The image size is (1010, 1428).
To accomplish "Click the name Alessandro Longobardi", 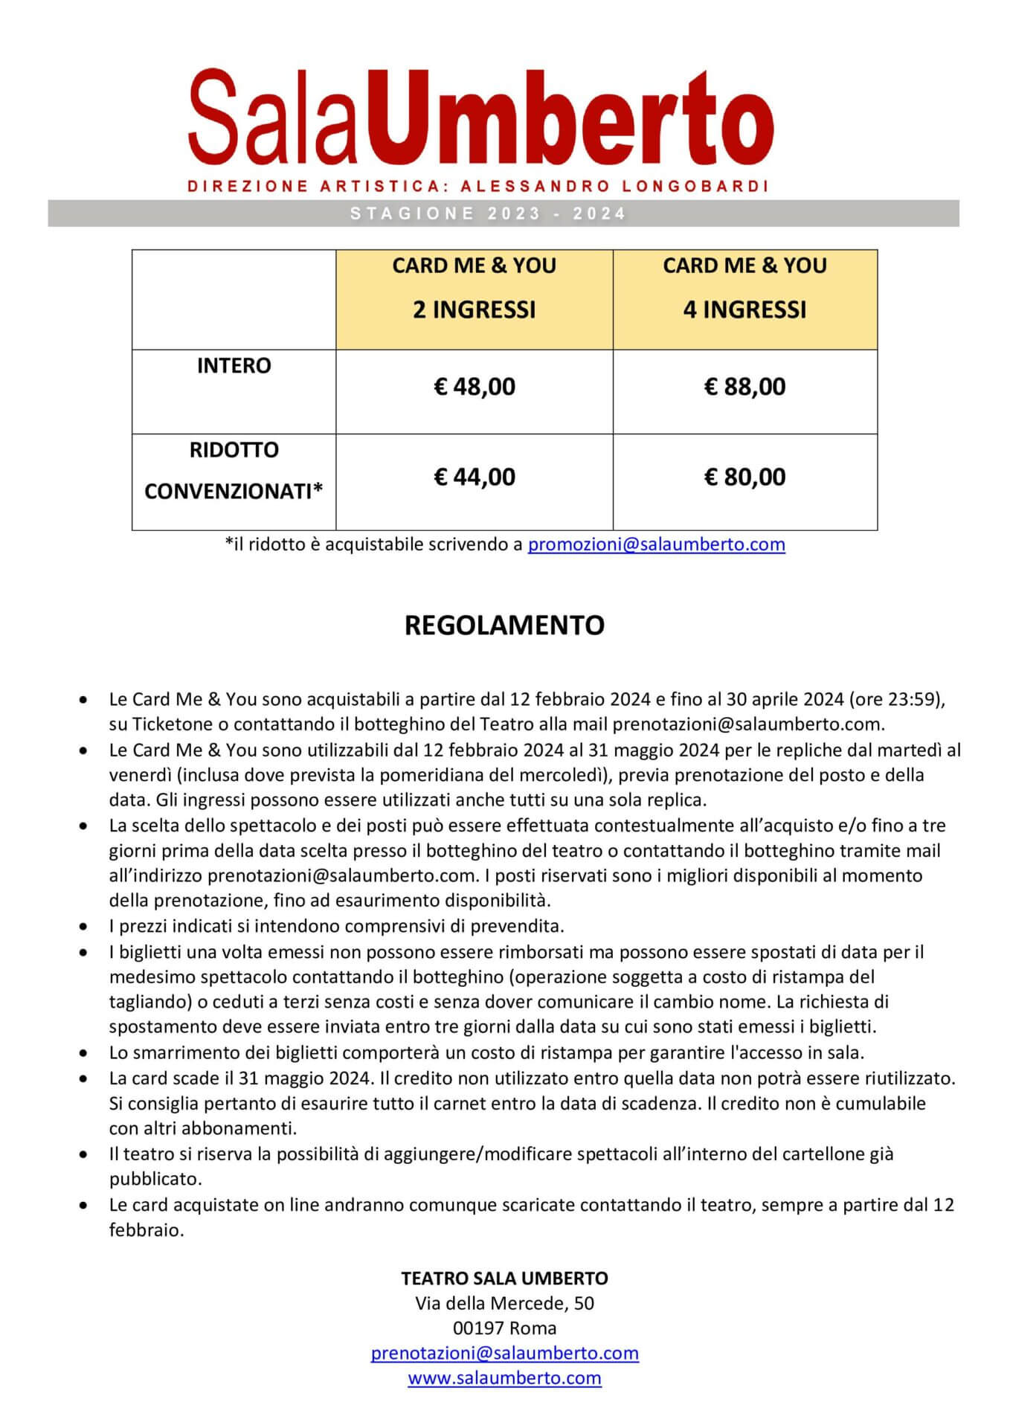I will [x=614, y=187].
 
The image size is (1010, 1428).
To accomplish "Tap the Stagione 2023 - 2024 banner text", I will [x=488, y=214].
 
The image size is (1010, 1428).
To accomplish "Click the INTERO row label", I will [x=234, y=366].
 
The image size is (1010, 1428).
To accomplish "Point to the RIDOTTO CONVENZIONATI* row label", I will [x=234, y=471].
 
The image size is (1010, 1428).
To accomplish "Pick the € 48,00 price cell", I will [x=475, y=387].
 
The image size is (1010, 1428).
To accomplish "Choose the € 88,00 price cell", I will [x=744, y=387].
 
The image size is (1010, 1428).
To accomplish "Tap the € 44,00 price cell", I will [x=475, y=477].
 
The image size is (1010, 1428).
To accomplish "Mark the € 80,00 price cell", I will [x=744, y=477].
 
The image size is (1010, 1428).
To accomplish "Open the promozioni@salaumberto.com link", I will [x=656, y=544].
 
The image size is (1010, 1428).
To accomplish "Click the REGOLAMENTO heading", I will [x=504, y=625].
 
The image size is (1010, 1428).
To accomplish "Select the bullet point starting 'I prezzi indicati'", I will [x=336, y=926].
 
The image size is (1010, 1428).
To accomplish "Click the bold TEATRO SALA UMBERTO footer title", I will [x=504, y=1279].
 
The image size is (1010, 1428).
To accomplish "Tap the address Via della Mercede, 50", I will [x=504, y=1303].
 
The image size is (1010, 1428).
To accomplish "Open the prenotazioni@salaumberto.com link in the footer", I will [x=504, y=1353].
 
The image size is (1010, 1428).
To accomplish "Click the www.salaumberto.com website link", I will [x=504, y=1378].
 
